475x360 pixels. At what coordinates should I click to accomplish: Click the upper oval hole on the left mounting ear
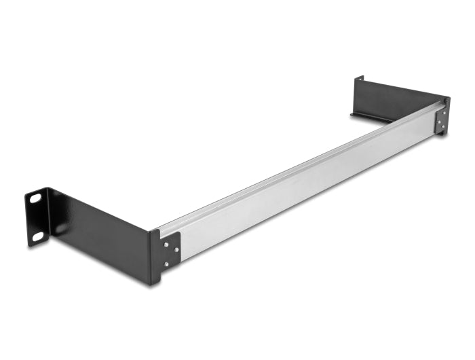tap(35, 199)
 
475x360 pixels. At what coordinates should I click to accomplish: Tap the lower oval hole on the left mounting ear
tap(38, 236)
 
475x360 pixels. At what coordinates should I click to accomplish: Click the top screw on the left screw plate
tap(166, 238)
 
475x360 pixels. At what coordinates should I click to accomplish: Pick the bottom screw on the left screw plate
tap(166, 264)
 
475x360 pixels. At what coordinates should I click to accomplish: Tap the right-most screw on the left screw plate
tap(176, 249)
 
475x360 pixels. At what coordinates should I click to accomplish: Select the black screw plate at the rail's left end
tap(170, 250)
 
